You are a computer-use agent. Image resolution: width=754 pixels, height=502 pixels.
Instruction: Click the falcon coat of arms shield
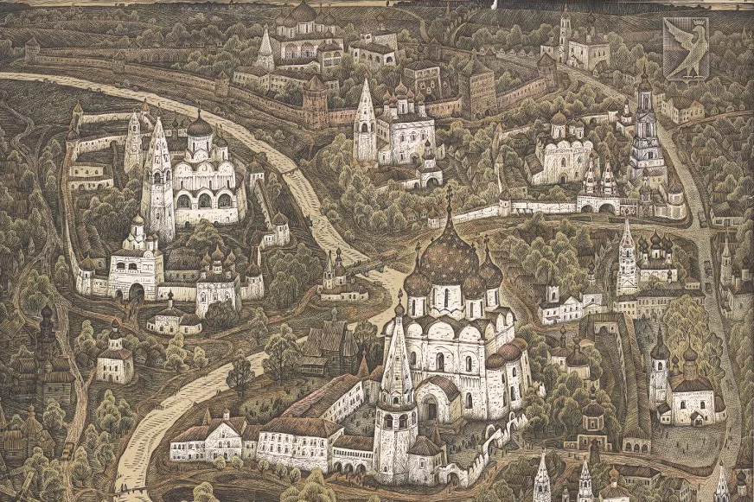(686, 48)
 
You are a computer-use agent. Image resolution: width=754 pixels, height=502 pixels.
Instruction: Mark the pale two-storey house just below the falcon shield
(683, 108)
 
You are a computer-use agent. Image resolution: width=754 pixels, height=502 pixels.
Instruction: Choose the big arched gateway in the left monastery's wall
(137, 290)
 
